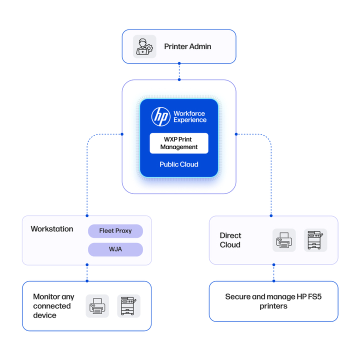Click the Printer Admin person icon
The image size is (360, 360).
[144, 46]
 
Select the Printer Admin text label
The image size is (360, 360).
[187, 46]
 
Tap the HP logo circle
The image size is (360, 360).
[161, 116]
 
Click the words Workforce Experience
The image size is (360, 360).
[189, 116]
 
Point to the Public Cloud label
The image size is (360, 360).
[179, 164]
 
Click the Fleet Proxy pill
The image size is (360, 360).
[115, 231]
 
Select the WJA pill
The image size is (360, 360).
[115, 249]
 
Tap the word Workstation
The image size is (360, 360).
[52, 229]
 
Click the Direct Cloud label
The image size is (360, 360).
[230, 240]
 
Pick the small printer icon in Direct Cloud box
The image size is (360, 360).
[284, 240]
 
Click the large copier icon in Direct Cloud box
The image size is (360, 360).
[315, 240]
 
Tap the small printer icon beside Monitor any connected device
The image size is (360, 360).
[97, 305]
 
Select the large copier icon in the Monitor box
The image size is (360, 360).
[128, 305]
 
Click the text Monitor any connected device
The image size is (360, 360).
[52, 306]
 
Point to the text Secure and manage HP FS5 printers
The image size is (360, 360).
[273, 301]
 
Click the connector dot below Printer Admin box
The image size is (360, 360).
[179, 64]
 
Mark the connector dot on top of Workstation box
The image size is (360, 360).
[87, 216]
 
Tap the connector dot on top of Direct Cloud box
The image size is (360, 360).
[271, 216]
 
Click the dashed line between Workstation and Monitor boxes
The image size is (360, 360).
[87, 273]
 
